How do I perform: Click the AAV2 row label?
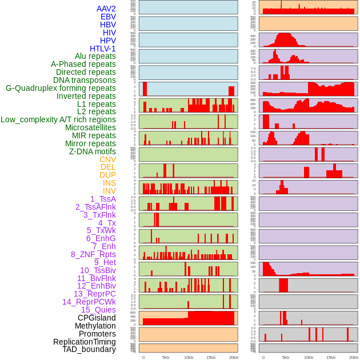pyautogui.click(x=106, y=9)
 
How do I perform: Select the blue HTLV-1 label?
pyautogui.click(x=103, y=49)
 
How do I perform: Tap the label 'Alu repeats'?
pyautogui.click(x=95, y=56)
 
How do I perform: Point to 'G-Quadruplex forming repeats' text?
pyautogui.click(x=61, y=88)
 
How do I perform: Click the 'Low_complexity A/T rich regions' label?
pyautogui.click(x=58, y=119)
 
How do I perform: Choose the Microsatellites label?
pyautogui.click(x=90, y=127)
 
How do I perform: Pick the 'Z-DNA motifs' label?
pyautogui.click(x=93, y=151)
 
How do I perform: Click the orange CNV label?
pyautogui.click(x=107, y=159)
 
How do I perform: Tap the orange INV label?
pyautogui.click(x=109, y=191)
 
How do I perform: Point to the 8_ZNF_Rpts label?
pyautogui.click(x=93, y=254)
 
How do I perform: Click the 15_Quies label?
pyautogui.click(x=98, y=310)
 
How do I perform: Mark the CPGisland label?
pyautogui.click(x=97, y=318)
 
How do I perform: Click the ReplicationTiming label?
pyautogui.click(x=85, y=342)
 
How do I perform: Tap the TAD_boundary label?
pyautogui.click(x=89, y=349)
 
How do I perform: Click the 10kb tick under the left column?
pyautogui.click(x=188, y=357)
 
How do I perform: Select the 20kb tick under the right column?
pyautogui.click(x=353, y=357)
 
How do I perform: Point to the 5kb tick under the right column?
pyautogui.click(x=286, y=357)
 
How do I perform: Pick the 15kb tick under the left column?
pyautogui.click(x=211, y=357)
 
